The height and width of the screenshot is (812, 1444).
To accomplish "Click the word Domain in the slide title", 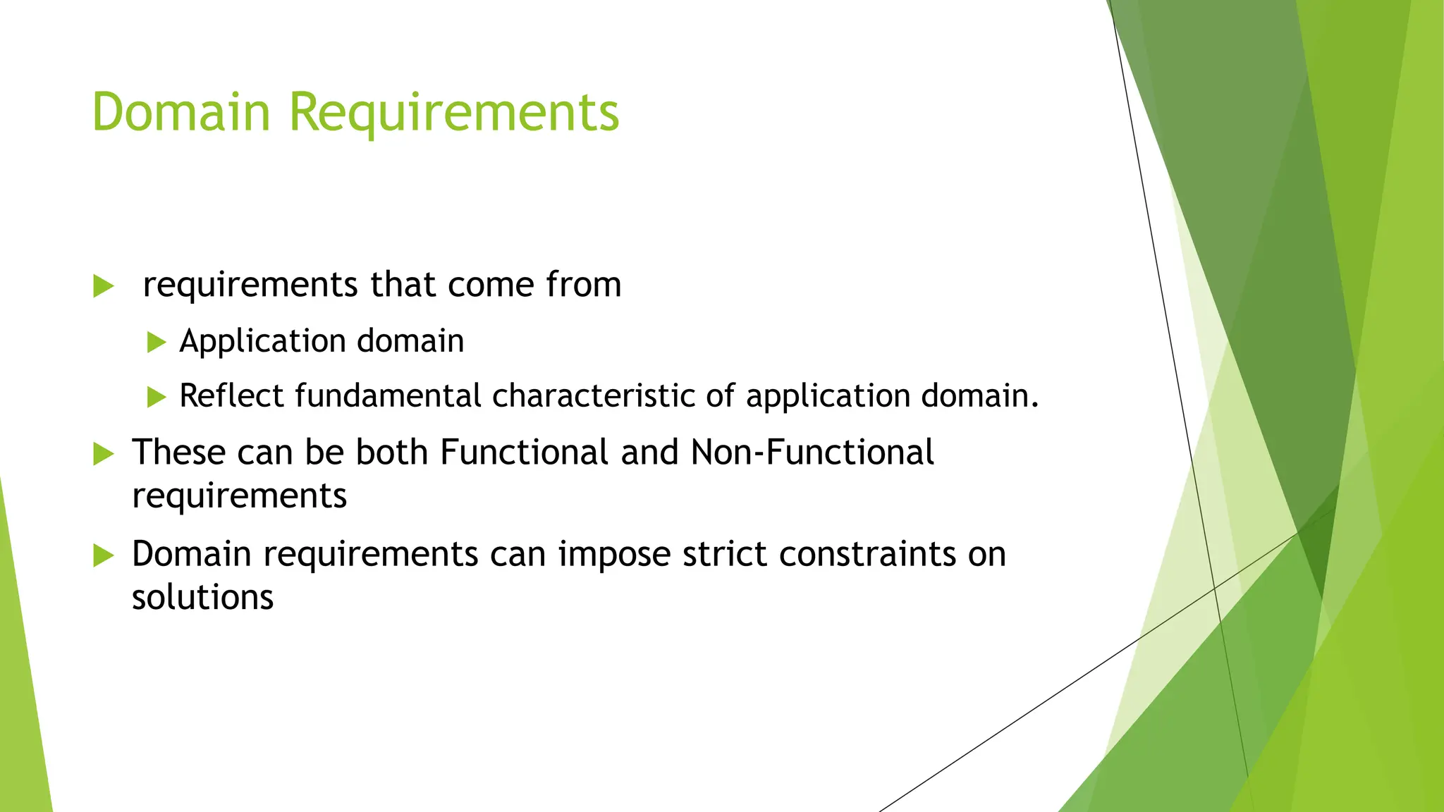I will [x=181, y=112].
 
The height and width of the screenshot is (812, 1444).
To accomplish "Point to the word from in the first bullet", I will [x=583, y=285].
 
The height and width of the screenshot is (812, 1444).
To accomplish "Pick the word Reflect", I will [x=231, y=395].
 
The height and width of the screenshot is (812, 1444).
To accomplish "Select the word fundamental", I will [x=388, y=395].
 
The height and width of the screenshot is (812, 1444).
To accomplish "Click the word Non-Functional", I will [x=812, y=453].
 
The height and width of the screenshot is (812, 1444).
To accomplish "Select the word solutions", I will [x=202, y=598].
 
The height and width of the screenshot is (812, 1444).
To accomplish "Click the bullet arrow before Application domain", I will [x=157, y=343].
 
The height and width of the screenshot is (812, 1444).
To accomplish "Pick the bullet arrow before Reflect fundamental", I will [x=157, y=398].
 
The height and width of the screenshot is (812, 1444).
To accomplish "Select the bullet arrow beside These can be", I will [x=103, y=455].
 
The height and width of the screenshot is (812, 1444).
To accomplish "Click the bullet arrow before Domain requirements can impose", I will [x=103, y=556].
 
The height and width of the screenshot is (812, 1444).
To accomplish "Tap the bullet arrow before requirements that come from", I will [x=103, y=287].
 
